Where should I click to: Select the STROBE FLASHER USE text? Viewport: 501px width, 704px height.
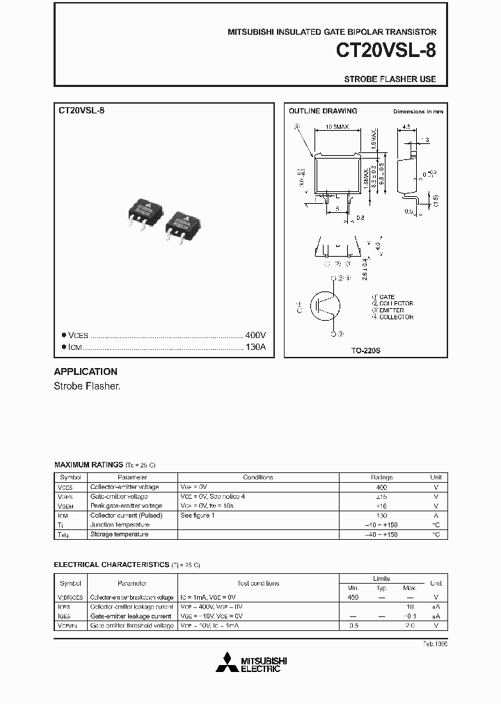coord(390,79)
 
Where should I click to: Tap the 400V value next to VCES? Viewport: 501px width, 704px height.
coord(255,335)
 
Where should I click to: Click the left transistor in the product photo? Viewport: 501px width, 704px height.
coord(145,211)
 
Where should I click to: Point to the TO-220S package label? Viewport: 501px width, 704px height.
coord(365,351)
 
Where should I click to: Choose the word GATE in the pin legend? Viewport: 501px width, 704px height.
coord(388,297)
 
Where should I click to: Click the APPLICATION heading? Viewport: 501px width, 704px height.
coord(86,371)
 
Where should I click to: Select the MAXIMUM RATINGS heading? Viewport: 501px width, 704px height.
coord(88,463)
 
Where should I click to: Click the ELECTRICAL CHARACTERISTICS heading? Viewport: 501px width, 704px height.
coord(111,565)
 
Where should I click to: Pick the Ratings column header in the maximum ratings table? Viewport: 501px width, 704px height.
coord(381,477)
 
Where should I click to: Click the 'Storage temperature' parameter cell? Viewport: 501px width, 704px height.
coord(119,534)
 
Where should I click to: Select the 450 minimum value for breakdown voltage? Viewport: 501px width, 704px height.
coord(353,597)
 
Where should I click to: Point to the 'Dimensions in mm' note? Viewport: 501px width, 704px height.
coord(417,111)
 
